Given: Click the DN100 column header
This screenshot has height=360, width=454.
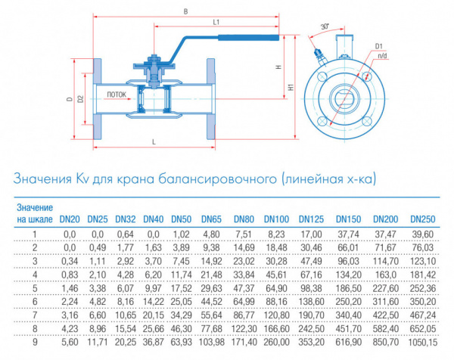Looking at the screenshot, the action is pyautogui.click(x=276, y=219).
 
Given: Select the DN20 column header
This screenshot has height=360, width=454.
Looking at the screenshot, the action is pyautogui.click(x=70, y=219).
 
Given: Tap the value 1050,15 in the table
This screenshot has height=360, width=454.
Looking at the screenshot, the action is pyautogui.click(x=422, y=343).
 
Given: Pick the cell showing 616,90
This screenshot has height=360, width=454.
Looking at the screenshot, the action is pyautogui.click(x=348, y=343).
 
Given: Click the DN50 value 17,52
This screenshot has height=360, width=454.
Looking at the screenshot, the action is pyautogui.click(x=182, y=288).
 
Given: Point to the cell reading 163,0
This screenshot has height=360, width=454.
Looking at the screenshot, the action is pyautogui.click(x=386, y=275).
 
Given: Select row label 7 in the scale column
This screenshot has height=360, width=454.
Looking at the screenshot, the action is pyautogui.click(x=35, y=315).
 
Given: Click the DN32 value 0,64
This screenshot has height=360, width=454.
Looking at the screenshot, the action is pyautogui.click(x=126, y=234).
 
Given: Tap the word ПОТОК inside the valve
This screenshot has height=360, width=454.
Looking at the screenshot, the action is pyautogui.click(x=117, y=95).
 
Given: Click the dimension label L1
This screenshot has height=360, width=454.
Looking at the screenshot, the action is pyautogui.click(x=216, y=22).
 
